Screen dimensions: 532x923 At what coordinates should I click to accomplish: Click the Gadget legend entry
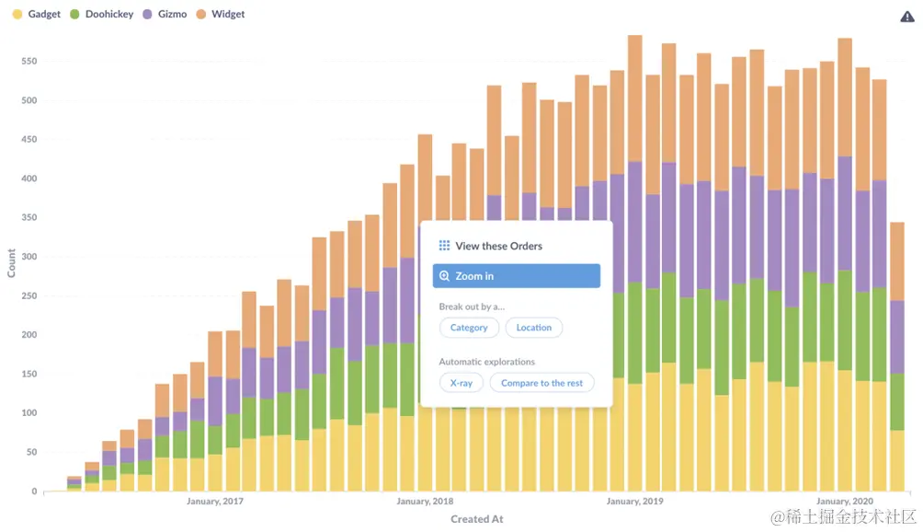click(37, 15)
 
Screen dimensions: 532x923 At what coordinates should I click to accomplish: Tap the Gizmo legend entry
click(165, 15)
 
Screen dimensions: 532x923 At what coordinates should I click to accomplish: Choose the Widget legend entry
click(220, 15)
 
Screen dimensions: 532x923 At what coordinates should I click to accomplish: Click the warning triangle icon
click(906, 17)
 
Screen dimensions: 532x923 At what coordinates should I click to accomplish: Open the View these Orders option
click(498, 246)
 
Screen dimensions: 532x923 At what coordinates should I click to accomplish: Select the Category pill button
click(469, 328)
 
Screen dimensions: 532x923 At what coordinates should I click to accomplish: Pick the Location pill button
click(534, 328)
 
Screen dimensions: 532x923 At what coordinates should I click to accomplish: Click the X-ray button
click(461, 383)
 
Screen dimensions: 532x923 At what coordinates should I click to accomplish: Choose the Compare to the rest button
click(541, 383)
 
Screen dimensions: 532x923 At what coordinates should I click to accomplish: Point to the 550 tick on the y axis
click(28, 62)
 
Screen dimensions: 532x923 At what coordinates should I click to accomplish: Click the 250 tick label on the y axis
click(28, 296)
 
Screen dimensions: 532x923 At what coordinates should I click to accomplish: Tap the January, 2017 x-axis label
click(215, 502)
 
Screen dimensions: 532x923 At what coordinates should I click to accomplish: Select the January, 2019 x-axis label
click(634, 502)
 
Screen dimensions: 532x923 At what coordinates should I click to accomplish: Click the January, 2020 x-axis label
click(844, 502)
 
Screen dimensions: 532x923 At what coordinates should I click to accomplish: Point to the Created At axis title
click(476, 519)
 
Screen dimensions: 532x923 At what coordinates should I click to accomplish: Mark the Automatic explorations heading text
click(486, 362)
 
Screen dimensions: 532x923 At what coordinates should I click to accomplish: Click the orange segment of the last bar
click(897, 261)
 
